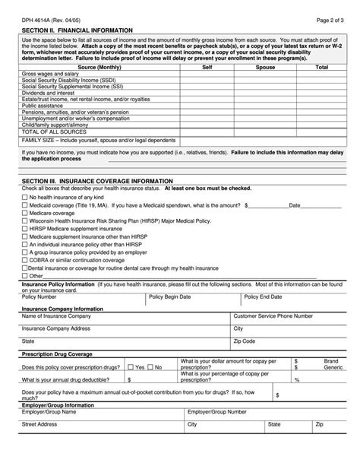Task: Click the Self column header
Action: coord(207,68)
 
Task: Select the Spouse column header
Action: coord(265,68)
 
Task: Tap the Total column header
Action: coord(321,68)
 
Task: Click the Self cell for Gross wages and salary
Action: coord(207,74)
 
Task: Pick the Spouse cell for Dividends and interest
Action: coord(265,93)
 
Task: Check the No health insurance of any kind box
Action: coord(24,197)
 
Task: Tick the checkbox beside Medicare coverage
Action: coord(24,214)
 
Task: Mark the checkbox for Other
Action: coord(24,275)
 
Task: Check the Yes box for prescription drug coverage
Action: coord(131,366)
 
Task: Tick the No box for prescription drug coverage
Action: coord(150,366)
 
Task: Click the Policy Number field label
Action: coord(39,296)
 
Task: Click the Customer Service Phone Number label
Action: coord(273,315)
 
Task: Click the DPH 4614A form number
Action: coord(36,17)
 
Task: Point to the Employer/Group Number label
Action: coord(216,411)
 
